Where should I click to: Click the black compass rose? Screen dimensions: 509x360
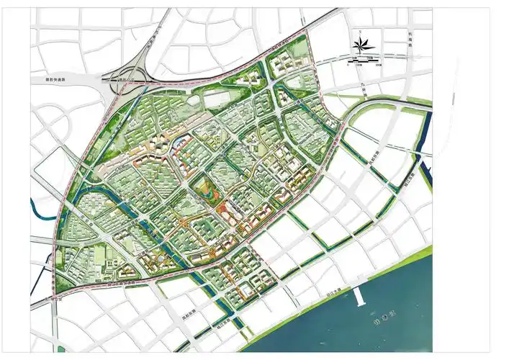click(359, 45)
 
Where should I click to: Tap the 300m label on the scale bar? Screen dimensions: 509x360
click(378, 64)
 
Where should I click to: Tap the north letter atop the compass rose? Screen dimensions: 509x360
click(359, 34)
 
